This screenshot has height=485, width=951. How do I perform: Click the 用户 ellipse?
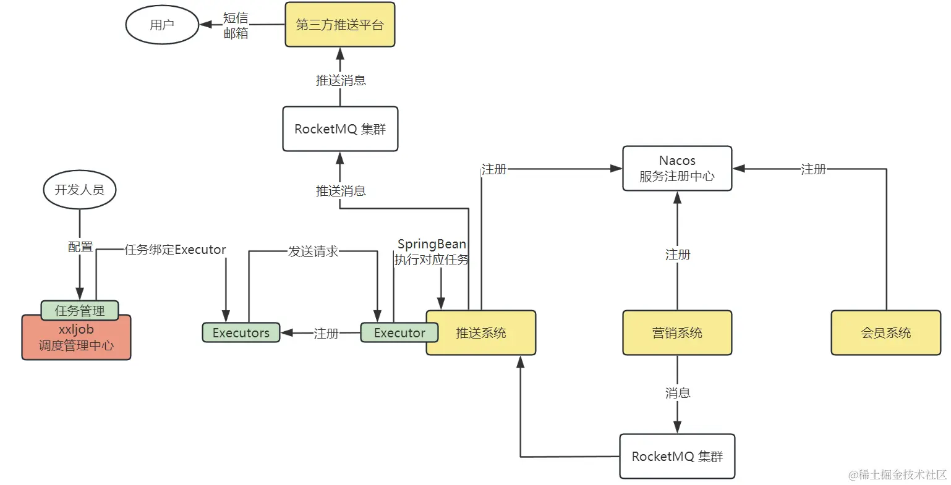(162, 25)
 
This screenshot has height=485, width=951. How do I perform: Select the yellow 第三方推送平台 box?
(339, 25)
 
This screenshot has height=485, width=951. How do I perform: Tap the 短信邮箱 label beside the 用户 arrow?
(236, 25)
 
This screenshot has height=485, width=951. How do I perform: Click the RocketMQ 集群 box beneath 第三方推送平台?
(340, 129)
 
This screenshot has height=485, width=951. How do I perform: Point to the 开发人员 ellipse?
(80, 190)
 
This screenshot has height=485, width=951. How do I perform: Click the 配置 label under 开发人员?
(80, 247)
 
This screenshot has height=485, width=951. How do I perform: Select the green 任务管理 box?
(80, 310)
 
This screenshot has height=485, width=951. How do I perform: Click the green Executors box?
(241, 332)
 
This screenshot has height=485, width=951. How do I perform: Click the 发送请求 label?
(313, 251)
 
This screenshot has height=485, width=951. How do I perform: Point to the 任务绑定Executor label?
(175, 250)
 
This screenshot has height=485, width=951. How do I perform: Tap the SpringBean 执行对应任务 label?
(432, 252)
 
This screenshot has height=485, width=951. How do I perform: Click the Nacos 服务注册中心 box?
(677, 168)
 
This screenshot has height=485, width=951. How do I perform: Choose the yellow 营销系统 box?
(677, 333)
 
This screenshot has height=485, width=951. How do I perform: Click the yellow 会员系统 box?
(885, 333)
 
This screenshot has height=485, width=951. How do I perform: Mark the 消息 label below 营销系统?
(677, 392)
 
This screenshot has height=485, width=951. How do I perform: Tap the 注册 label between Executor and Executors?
(326, 333)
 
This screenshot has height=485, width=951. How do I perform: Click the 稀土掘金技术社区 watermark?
(898, 474)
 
